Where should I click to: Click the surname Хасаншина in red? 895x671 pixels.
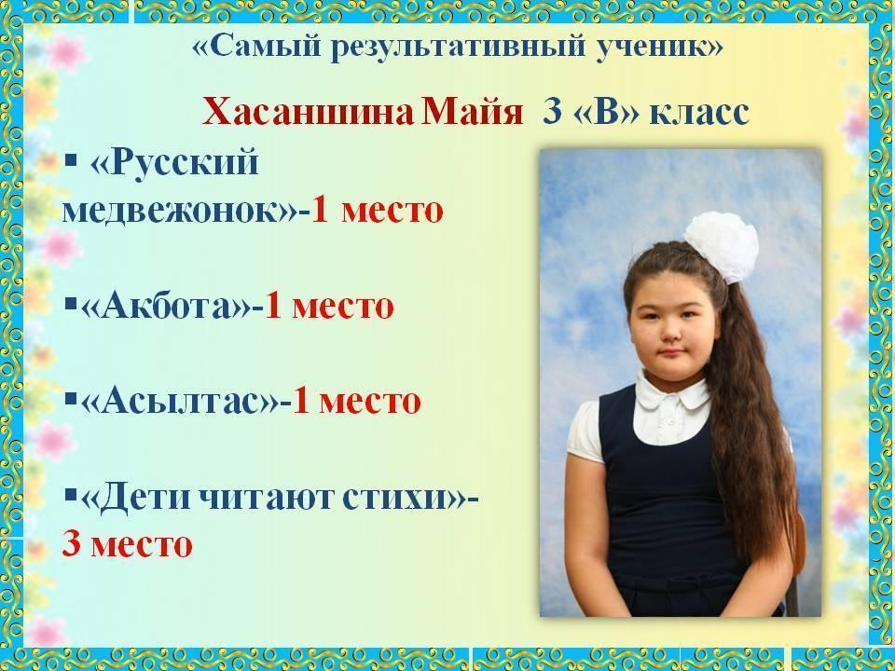tap(307, 111)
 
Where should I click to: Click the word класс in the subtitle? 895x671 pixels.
tap(699, 113)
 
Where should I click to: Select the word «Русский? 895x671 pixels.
tap(174, 162)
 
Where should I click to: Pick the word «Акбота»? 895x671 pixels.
tap(166, 307)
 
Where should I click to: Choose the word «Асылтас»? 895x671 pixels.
tap(179, 400)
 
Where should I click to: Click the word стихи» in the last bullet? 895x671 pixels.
tap(404, 498)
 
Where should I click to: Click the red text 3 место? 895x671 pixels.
tap(127, 543)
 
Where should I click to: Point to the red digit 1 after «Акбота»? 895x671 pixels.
tap(273, 307)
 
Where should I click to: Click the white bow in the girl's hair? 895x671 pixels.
tap(722, 245)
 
